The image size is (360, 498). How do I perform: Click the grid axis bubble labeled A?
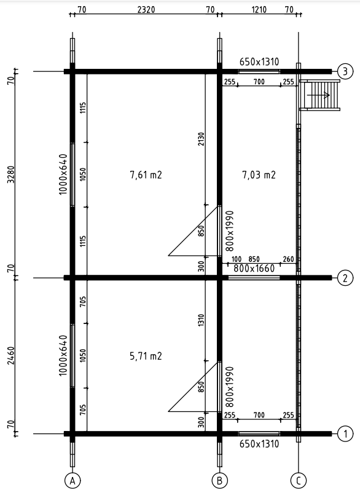[72, 481]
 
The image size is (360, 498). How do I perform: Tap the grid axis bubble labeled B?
[219, 481]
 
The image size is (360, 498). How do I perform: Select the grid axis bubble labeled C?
[299, 481]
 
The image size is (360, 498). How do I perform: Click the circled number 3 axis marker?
[345, 71]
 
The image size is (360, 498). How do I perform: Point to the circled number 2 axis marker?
[345, 278]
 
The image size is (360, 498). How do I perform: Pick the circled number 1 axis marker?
[345, 434]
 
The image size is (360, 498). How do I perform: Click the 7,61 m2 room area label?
[146, 175]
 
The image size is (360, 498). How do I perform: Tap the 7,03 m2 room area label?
[259, 175]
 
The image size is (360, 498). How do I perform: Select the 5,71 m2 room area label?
[146, 356]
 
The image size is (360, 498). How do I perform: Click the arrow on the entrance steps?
[318, 95]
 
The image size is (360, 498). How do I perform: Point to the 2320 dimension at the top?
[146, 10]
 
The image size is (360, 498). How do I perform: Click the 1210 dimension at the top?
[259, 10]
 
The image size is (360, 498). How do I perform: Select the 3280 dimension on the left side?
[11, 175]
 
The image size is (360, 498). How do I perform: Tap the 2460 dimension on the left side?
[11, 356]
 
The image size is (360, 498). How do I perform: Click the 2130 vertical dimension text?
[201, 139]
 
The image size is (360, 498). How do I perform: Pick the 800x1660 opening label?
[254, 269]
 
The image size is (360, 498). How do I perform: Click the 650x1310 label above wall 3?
[259, 61]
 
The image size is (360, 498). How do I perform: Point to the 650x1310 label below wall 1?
[259, 444]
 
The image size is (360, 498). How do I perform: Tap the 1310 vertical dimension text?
[201, 320]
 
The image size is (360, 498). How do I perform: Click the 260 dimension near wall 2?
[288, 259]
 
